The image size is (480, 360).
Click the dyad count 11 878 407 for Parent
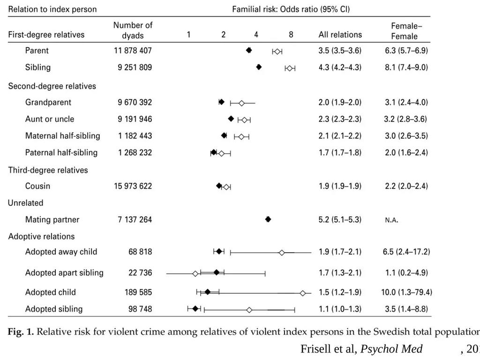point(133,51)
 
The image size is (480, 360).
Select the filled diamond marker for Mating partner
point(268,219)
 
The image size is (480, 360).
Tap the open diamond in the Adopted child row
point(303,293)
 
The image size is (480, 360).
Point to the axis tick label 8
point(291,35)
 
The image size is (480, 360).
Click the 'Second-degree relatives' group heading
point(52,86)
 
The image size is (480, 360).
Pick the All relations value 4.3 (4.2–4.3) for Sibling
point(340,67)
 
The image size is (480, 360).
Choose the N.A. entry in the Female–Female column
point(391,220)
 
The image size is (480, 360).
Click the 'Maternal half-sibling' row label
point(62,136)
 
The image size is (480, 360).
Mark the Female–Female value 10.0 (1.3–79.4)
point(406,292)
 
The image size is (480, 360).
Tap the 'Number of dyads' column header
point(133,30)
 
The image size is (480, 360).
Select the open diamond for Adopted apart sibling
point(195,274)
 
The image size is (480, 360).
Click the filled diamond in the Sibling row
point(259,67)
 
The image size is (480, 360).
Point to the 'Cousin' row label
point(37,186)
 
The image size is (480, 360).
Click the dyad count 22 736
point(140,273)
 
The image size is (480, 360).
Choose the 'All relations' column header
point(340,35)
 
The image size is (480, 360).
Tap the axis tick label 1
point(188,35)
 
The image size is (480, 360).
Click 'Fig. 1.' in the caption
point(21,332)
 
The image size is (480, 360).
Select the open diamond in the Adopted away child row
point(282,253)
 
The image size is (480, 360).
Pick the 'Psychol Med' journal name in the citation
point(391,349)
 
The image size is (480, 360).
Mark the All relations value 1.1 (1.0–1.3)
point(340,309)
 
